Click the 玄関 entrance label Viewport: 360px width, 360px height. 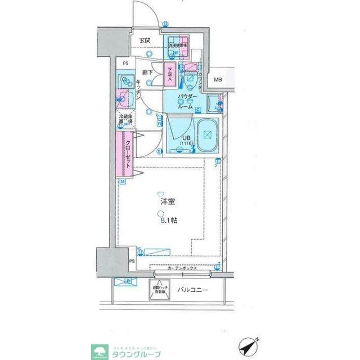145,40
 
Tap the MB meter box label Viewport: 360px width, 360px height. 217,80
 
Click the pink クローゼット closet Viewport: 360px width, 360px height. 127,154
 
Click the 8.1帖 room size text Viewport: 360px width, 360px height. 168,220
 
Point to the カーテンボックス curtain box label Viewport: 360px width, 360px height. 181,268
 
